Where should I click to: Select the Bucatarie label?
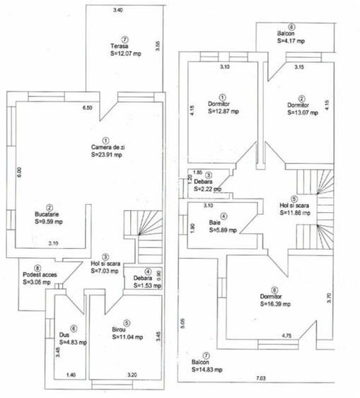click(x=50, y=213)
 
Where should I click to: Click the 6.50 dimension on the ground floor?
click(x=88, y=107)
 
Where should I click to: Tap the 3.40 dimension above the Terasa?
click(x=117, y=11)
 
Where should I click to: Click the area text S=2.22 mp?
click(x=207, y=189)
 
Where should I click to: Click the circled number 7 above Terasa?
click(x=124, y=39)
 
